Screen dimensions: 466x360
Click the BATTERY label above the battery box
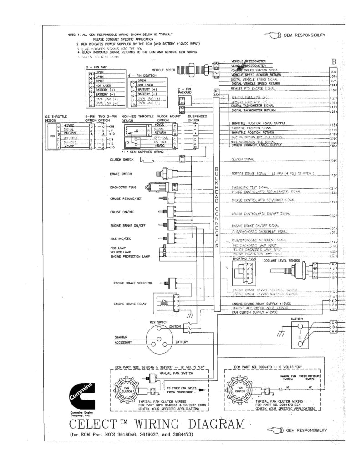coord(298,319)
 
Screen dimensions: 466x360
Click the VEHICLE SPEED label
coord(164,70)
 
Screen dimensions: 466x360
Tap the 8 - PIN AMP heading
coord(98,67)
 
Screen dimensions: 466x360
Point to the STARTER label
coord(117,337)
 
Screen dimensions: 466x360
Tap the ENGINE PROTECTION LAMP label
coord(130,257)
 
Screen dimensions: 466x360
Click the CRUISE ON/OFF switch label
coord(121,212)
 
